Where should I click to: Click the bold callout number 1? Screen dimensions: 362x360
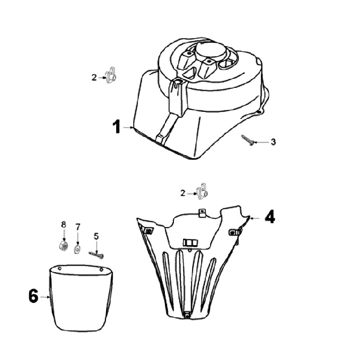click(x=117, y=127)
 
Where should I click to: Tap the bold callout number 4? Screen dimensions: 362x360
click(x=270, y=216)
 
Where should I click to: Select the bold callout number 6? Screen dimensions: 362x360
click(x=33, y=296)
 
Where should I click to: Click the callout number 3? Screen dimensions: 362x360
click(x=273, y=142)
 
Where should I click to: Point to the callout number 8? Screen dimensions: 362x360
click(x=63, y=224)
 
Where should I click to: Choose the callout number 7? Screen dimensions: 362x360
click(x=78, y=227)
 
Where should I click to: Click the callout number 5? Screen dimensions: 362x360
click(x=96, y=236)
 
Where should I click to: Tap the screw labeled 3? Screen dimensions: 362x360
click(x=247, y=140)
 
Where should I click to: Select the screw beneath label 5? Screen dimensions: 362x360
click(x=96, y=255)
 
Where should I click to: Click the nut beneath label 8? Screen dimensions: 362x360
click(x=63, y=246)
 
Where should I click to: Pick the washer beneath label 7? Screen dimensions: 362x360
click(x=77, y=250)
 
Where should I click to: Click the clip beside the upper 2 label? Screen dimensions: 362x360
click(x=111, y=75)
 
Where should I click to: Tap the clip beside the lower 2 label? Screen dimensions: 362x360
click(x=202, y=191)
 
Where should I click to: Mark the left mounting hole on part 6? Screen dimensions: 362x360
click(x=59, y=269)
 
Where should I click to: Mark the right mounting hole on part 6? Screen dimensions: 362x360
click(x=101, y=269)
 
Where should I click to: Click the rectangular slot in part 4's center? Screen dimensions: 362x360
click(x=190, y=243)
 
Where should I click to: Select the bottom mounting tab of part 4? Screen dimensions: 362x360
click(x=187, y=314)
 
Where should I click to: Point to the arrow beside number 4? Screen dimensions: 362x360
click(x=255, y=218)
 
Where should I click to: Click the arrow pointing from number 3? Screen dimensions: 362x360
click(x=261, y=142)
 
